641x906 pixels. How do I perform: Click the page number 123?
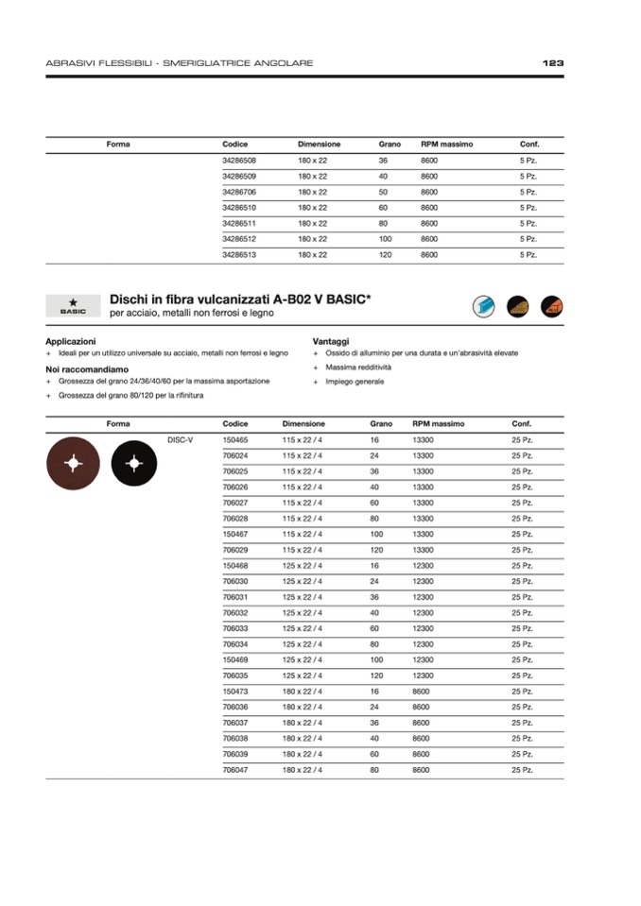coord(553,63)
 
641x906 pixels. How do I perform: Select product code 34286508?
coord(239,161)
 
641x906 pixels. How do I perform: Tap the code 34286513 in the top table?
coord(239,255)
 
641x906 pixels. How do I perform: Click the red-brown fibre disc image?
coord(73,464)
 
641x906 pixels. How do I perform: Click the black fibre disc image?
coord(133,464)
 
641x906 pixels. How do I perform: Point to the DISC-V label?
coord(180,440)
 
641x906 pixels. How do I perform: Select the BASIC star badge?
coord(73,306)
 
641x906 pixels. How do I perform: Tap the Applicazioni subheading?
coord(71,340)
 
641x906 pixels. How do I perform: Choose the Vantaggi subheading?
coord(331,340)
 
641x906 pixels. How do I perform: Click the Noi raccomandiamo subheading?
coord(87,368)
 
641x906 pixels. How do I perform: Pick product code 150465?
coord(235,440)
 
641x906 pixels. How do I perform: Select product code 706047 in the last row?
coord(235,770)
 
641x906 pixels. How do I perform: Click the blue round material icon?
coord(484,306)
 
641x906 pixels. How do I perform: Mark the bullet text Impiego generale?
coord(355,382)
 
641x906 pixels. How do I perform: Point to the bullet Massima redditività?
coord(358,368)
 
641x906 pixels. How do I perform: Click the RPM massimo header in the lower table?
coord(439,424)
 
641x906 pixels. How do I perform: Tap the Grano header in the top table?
coord(390,145)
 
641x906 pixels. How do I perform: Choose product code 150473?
coord(235,692)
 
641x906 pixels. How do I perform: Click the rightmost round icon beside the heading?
coord(551,306)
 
